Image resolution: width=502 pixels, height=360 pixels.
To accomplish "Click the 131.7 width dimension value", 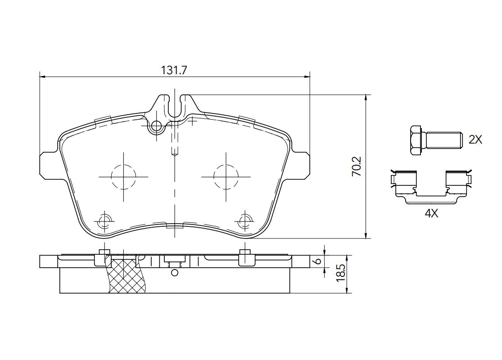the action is pos(174,70).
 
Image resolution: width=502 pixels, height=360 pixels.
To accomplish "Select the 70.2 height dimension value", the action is pos(356,166).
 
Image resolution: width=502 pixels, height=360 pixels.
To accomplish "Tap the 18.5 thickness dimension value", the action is pos(341,273).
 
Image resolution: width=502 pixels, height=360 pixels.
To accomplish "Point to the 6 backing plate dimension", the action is pos(318,261).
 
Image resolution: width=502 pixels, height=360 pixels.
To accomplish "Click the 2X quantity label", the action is pos(475,139).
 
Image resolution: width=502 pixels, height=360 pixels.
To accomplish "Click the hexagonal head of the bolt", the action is pos(416,140).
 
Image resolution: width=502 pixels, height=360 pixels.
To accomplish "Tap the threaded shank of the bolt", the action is pos(442,140).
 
